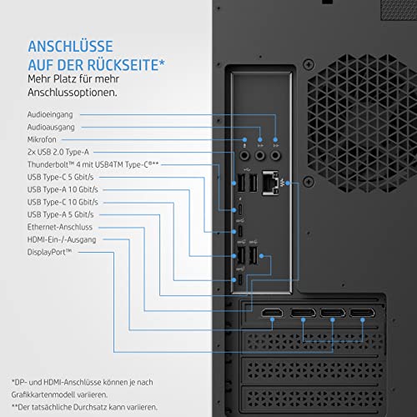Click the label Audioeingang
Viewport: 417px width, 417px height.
tap(50, 114)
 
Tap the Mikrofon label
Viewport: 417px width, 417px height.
tap(42, 139)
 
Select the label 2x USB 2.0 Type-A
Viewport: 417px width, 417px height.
tap(58, 152)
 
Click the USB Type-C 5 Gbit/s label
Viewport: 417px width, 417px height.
tap(60, 177)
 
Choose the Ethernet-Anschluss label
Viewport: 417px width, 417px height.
tap(60, 227)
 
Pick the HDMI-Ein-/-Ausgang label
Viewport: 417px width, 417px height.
tap(62, 239)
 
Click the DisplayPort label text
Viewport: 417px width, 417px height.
tap(49, 252)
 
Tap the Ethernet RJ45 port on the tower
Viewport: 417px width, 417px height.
tap(270, 183)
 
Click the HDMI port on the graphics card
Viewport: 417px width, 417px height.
tap(272, 313)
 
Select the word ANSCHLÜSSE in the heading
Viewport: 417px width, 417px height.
tap(71, 46)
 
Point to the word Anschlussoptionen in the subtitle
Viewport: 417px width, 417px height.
tap(73, 93)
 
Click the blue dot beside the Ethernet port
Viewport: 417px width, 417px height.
tap(288, 183)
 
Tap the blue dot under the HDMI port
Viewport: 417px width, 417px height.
tap(272, 320)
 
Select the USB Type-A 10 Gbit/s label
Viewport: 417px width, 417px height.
tap(63, 189)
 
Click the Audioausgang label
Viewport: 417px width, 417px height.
tap(51, 128)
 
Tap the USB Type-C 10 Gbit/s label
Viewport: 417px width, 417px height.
tap(63, 202)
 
